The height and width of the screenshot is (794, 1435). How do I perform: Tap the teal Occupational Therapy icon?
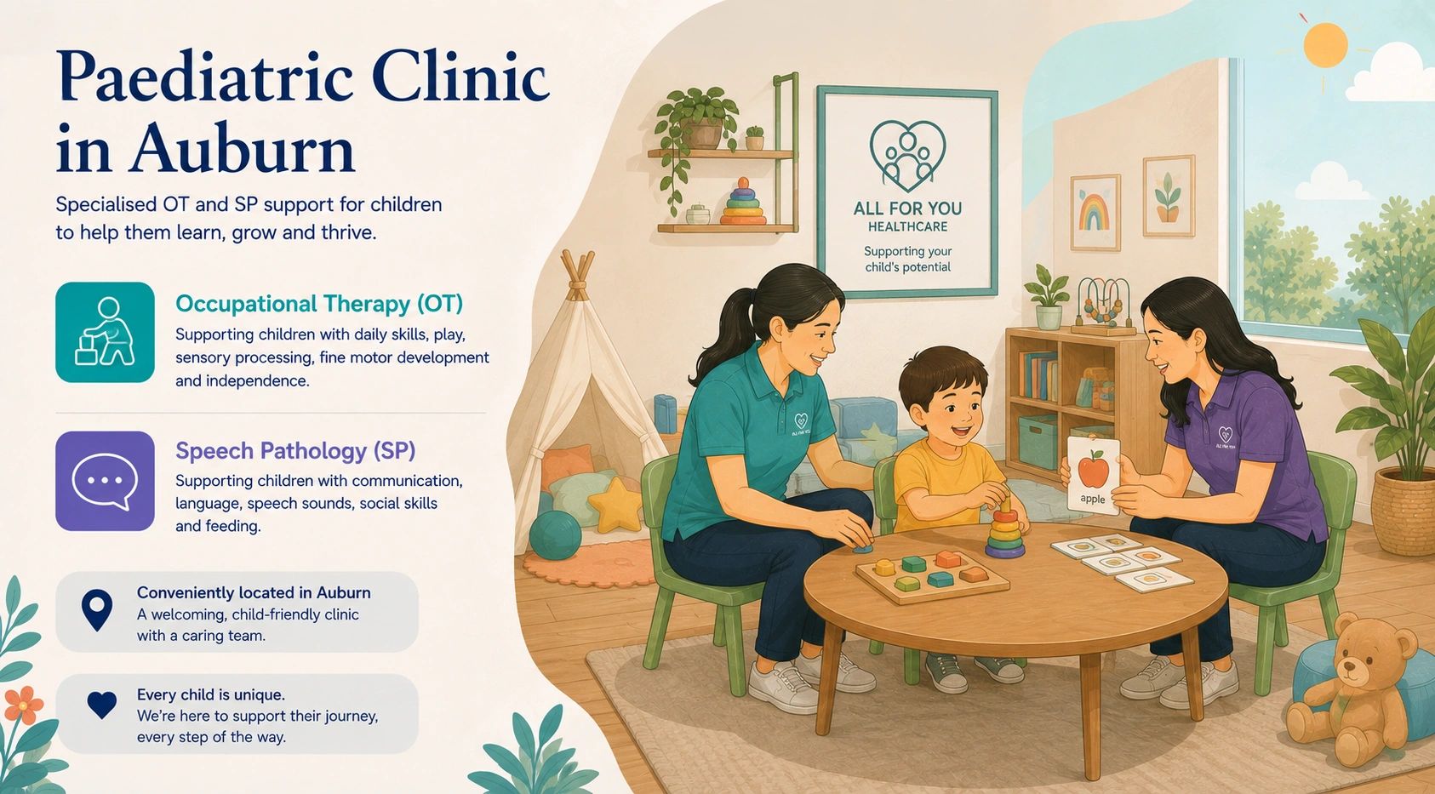coord(105,333)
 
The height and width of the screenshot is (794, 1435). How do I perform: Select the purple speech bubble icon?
coord(105,481)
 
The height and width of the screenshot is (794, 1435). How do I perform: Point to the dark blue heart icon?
coord(102,705)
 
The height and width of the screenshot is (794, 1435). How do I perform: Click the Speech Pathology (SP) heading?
coord(295,451)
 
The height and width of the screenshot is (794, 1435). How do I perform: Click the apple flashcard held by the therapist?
coord(1093,475)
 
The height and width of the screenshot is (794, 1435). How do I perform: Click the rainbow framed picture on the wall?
coord(1095,212)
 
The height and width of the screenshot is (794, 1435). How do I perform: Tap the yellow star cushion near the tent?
coord(615,505)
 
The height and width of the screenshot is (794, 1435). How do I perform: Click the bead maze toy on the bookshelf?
coord(1103,306)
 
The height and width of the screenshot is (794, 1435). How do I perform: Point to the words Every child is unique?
coord(211,694)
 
